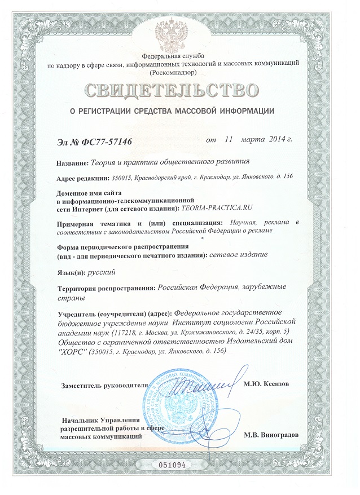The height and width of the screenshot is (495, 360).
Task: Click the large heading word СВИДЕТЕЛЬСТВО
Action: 179,90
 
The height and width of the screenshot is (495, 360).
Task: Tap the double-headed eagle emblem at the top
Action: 179,34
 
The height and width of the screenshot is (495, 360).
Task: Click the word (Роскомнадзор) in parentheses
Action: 179,73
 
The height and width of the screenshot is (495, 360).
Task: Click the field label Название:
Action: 73,163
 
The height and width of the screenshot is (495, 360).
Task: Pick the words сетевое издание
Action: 238,255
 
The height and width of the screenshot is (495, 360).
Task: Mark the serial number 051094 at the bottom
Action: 179,466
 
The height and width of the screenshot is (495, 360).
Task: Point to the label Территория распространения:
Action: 107,289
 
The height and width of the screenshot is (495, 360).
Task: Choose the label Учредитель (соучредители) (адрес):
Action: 116,313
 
